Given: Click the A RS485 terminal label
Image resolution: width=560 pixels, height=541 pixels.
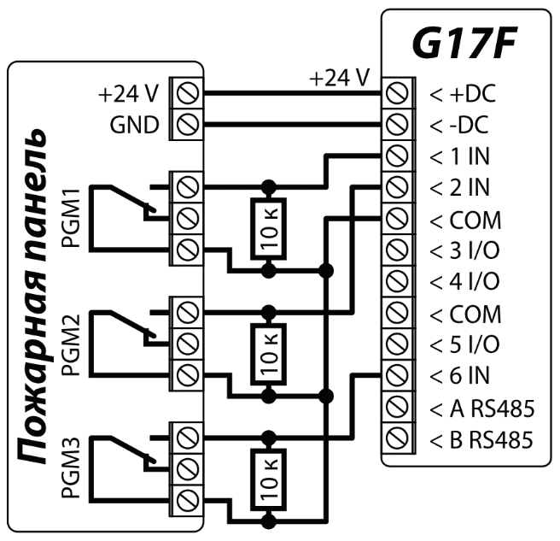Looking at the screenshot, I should (x=481, y=408).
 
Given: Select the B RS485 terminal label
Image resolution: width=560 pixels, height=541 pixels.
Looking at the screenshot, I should (x=481, y=439).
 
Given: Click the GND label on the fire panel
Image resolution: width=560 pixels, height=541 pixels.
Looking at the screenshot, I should (x=134, y=125).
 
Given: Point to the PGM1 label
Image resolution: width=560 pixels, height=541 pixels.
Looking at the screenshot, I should (x=73, y=218).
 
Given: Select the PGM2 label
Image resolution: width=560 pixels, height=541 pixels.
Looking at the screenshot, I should (x=73, y=342).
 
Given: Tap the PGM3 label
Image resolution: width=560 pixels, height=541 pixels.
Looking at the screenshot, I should (x=73, y=467).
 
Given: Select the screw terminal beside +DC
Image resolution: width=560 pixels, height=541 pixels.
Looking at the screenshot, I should (x=394, y=93).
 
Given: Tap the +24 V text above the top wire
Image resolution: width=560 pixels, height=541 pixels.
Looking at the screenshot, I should (x=339, y=78).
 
